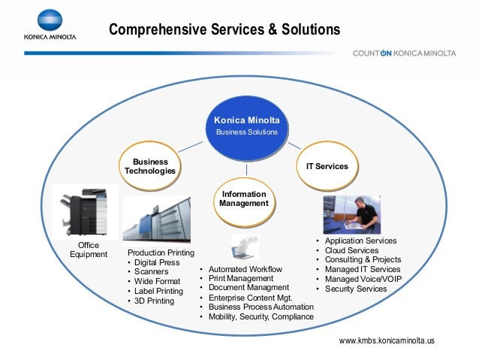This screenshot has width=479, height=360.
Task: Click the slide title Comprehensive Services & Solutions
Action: point(224,30)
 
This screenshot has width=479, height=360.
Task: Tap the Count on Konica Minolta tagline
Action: point(404,53)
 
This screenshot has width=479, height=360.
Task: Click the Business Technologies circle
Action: point(150,166)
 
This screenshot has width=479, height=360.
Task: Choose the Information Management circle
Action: point(243,199)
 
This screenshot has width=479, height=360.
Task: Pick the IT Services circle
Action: point(327,165)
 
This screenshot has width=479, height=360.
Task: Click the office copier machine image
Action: point(85,211)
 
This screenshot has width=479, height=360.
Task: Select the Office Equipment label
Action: point(89,250)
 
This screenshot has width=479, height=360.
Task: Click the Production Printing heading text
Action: point(161,253)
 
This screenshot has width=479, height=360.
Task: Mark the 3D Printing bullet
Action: point(154,301)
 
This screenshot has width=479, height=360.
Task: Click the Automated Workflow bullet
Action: point(245,269)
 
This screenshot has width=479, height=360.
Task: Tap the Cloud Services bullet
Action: point(351,250)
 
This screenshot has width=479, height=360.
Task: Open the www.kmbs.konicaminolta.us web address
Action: point(387,341)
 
